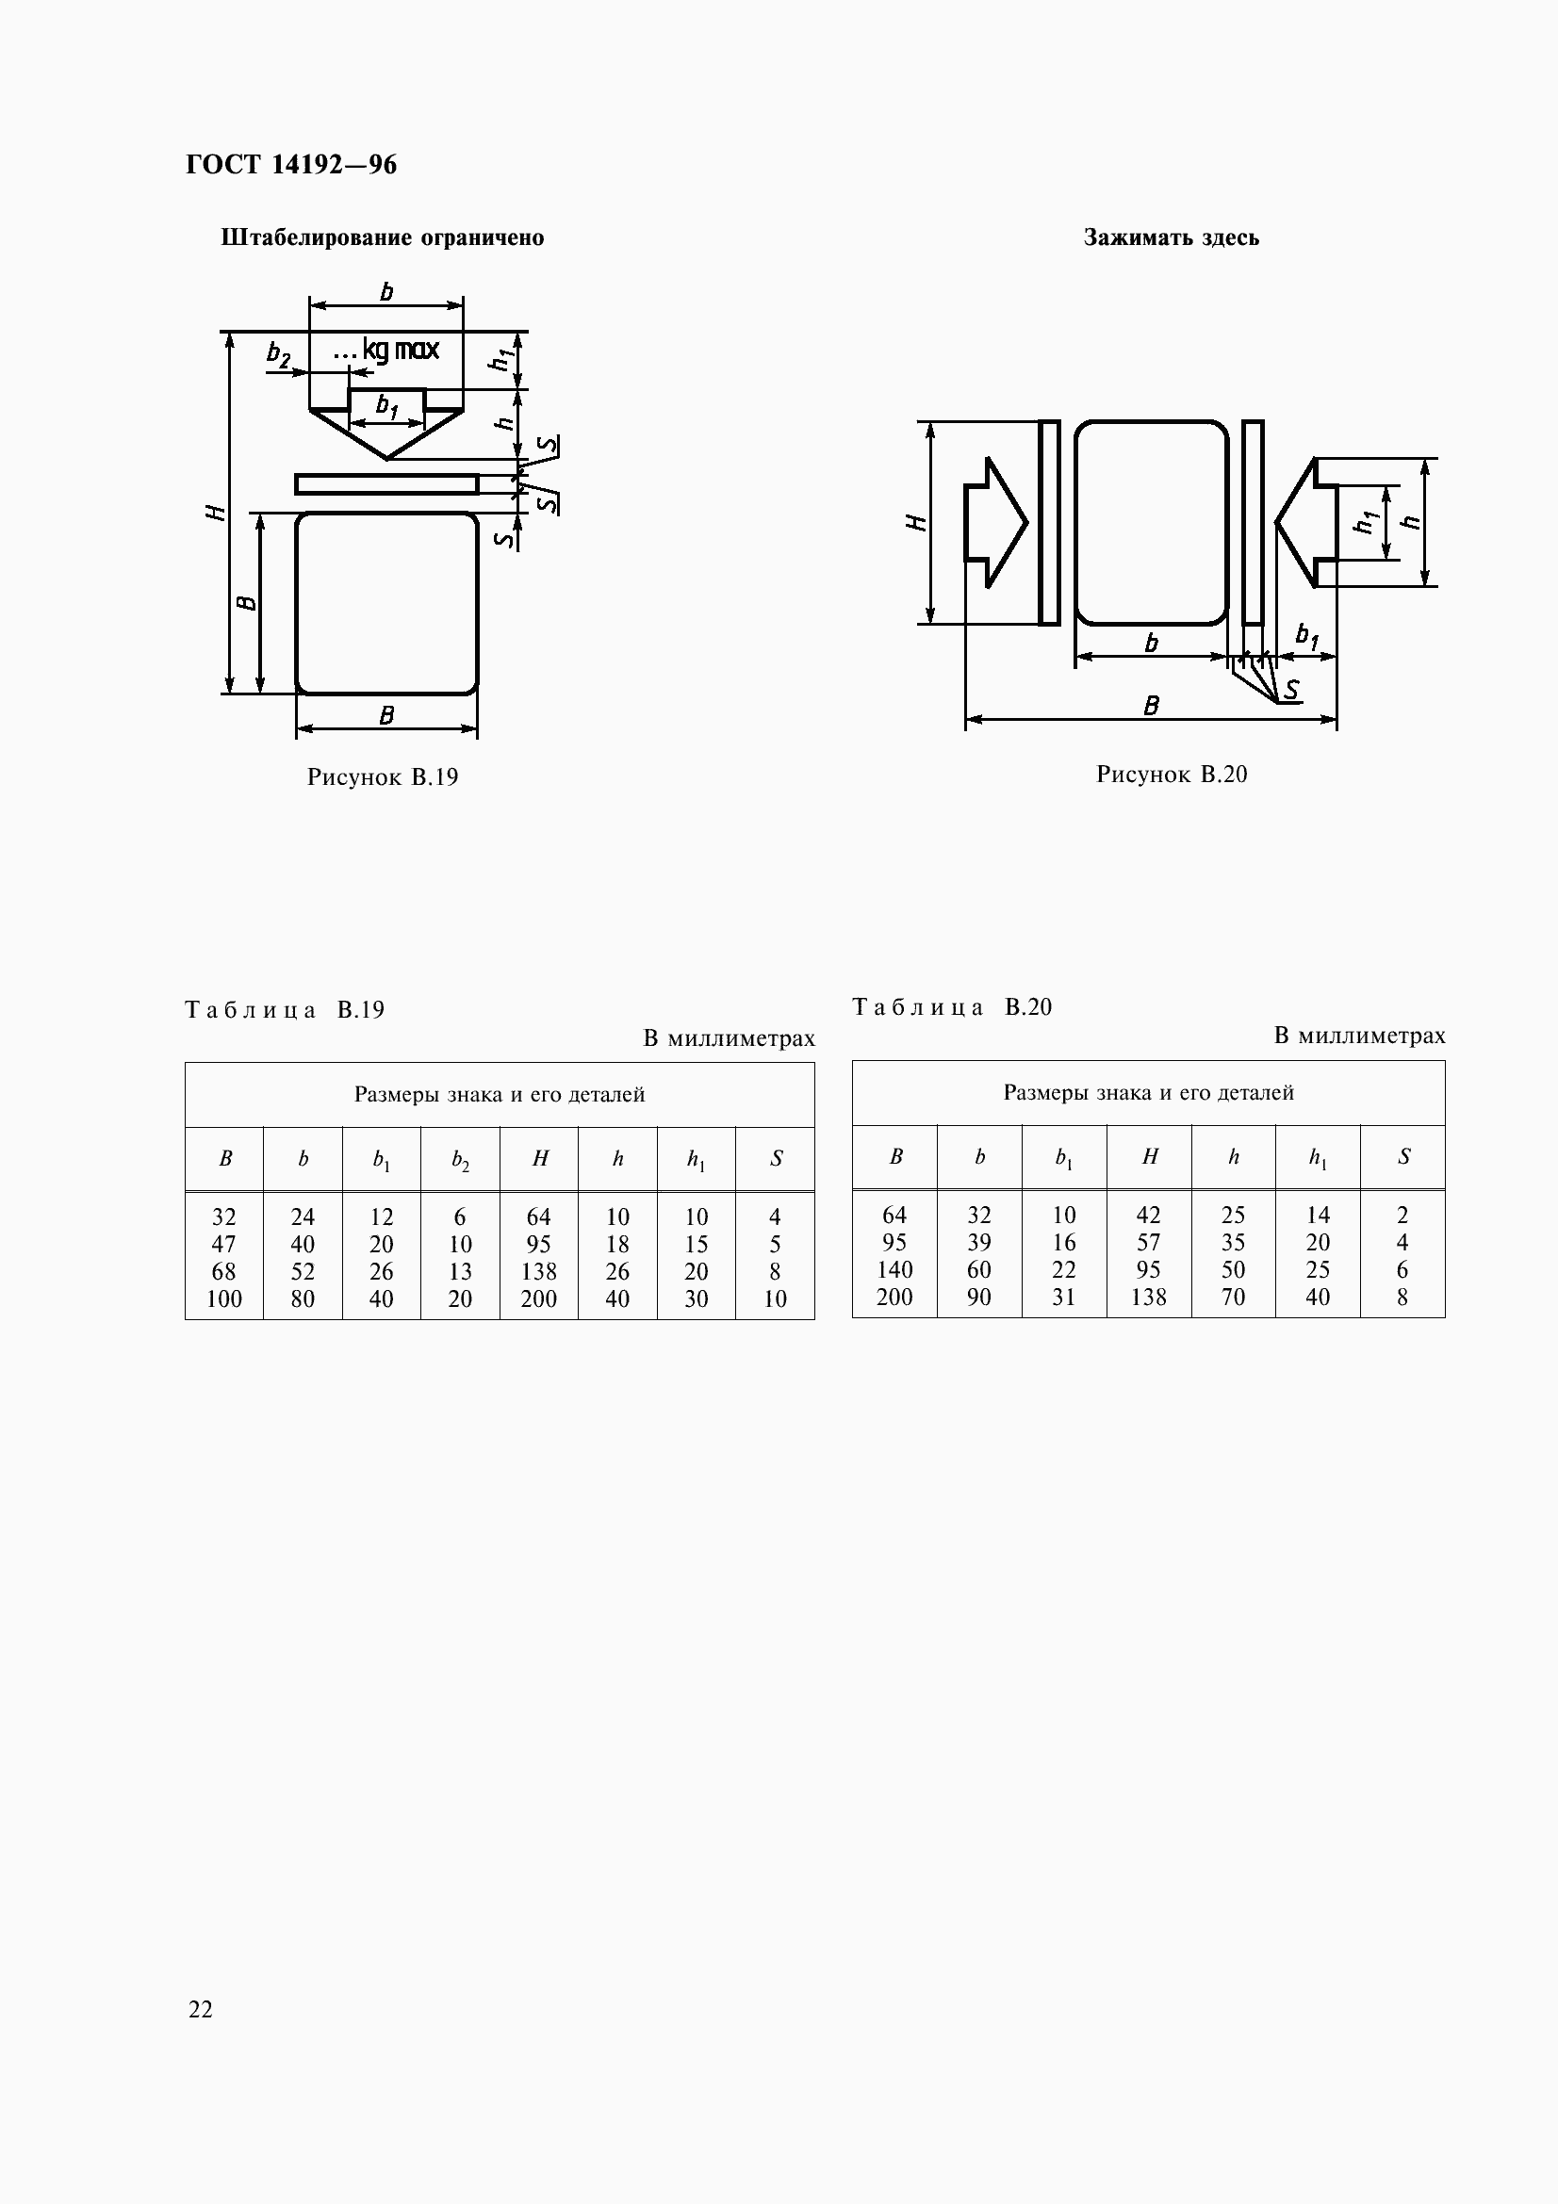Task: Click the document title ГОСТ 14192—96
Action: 291,165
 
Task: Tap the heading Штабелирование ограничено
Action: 382,237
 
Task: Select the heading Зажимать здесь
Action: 1172,237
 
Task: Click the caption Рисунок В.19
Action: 382,776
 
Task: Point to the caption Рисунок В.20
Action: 1172,774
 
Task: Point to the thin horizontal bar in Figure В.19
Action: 385,483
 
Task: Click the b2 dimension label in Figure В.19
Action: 278,354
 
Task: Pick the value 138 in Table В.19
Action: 538,1271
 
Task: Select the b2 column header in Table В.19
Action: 460,1160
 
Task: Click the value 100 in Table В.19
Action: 223,1298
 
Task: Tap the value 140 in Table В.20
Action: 894,1269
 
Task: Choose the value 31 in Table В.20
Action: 1063,1297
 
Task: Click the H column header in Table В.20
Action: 1149,1158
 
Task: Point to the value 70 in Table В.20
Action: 1233,1297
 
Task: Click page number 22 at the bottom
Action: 201,2009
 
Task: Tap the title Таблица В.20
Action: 952,1007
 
